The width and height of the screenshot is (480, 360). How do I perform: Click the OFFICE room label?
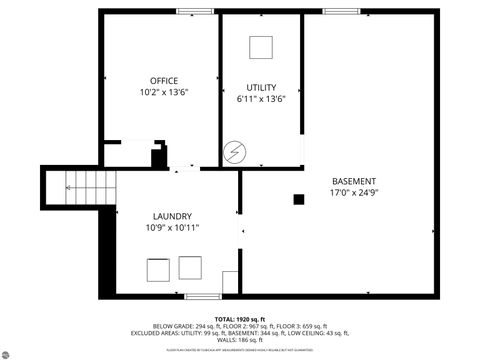(164, 80)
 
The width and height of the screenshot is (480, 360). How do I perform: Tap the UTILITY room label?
(263, 87)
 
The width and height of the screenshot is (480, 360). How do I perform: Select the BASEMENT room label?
(354, 180)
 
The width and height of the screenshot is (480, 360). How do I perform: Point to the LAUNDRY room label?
(172, 216)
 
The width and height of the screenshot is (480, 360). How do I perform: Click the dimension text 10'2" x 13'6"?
(164, 92)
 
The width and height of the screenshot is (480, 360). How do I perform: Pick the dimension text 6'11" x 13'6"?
(263, 99)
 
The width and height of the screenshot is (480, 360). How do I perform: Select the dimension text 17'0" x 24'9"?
(354, 192)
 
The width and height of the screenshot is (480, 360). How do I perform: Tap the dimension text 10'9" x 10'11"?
(172, 228)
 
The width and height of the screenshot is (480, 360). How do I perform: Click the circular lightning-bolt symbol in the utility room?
(235, 151)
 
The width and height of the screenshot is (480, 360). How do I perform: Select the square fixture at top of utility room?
(261, 47)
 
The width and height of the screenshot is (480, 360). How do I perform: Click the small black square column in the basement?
(298, 199)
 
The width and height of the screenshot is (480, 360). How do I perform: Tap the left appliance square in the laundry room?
(158, 270)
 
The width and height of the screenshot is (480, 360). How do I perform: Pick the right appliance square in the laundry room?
(190, 268)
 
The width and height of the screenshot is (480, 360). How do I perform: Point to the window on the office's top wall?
(188, 11)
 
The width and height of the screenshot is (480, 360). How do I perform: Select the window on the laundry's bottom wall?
(202, 297)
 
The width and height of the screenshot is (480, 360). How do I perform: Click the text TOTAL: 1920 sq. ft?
(240, 318)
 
